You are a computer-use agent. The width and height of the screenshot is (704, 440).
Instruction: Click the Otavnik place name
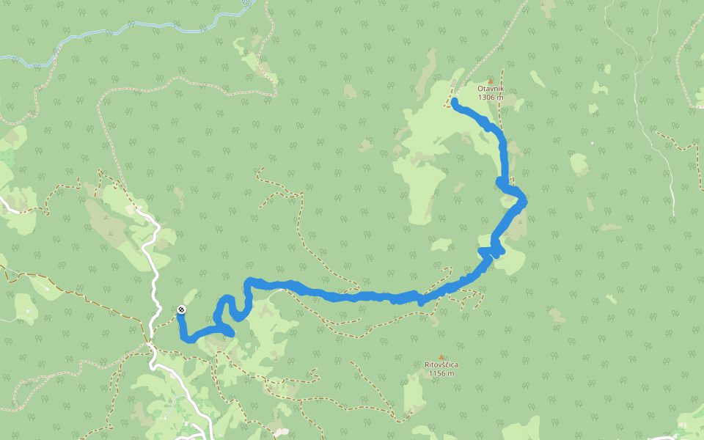click(491, 89)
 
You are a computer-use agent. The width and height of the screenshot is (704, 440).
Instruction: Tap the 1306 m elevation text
click(491, 98)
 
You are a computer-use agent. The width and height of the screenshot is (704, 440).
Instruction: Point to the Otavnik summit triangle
click(491, 81)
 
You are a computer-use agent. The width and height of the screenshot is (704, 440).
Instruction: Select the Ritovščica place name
click(441, 364)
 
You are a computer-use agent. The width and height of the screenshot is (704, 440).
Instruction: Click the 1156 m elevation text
click(441, 373)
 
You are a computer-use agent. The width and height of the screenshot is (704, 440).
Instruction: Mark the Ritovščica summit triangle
click(441, 357)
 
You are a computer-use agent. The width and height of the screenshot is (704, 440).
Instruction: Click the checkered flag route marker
click(181, 309)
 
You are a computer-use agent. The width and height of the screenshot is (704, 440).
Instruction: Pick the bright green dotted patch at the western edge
click(7, 157)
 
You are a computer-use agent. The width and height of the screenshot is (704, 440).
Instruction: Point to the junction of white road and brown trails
click(150, 342)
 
